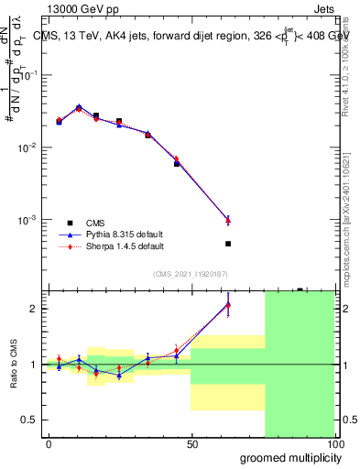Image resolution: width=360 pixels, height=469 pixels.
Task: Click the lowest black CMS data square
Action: (x=228, y=244)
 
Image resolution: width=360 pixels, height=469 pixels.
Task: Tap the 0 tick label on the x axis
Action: (x=49, y=444)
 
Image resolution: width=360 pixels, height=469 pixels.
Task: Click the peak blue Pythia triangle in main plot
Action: (x=79, y=107)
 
